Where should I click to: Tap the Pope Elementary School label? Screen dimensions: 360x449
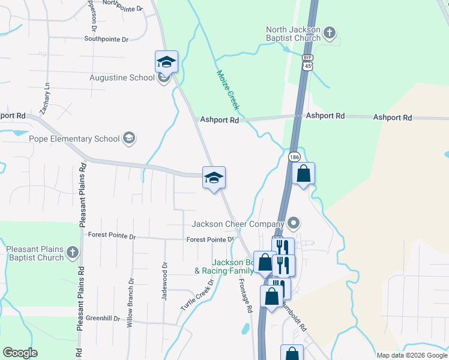point(74,139)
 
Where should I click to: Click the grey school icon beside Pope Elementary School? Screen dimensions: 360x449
point(128,139)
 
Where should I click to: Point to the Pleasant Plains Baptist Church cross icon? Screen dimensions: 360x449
point(72,251)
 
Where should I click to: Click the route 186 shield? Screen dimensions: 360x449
point(293,157)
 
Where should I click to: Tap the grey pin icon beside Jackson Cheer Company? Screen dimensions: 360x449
point(294,224)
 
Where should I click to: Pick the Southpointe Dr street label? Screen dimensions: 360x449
point(107,40)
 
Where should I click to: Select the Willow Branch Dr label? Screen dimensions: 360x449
point(129,302)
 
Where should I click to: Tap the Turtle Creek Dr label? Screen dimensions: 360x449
point(197,295)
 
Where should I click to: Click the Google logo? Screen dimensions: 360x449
point(20,353)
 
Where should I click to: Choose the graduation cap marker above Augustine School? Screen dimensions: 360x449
point(167,62)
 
